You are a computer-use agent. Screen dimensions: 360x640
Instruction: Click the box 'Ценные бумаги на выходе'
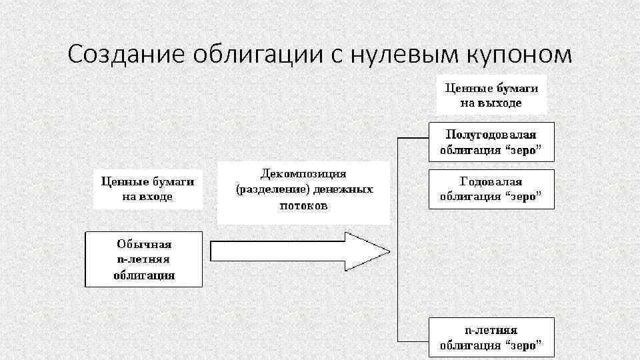pos(491,95)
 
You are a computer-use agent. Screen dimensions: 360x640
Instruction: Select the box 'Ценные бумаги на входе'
pos(147,189)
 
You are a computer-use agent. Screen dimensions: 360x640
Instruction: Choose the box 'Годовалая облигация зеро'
pos(491,189)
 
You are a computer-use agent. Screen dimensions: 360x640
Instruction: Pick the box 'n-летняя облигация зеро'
pos(491,338)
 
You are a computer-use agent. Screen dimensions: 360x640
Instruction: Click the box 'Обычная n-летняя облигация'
pos(144,259)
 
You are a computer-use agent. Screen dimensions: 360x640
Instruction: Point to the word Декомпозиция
pos(303,174)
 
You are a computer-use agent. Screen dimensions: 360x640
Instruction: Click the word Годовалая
pos(491,181)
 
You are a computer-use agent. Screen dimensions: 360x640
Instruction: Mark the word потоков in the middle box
pos(303,206)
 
